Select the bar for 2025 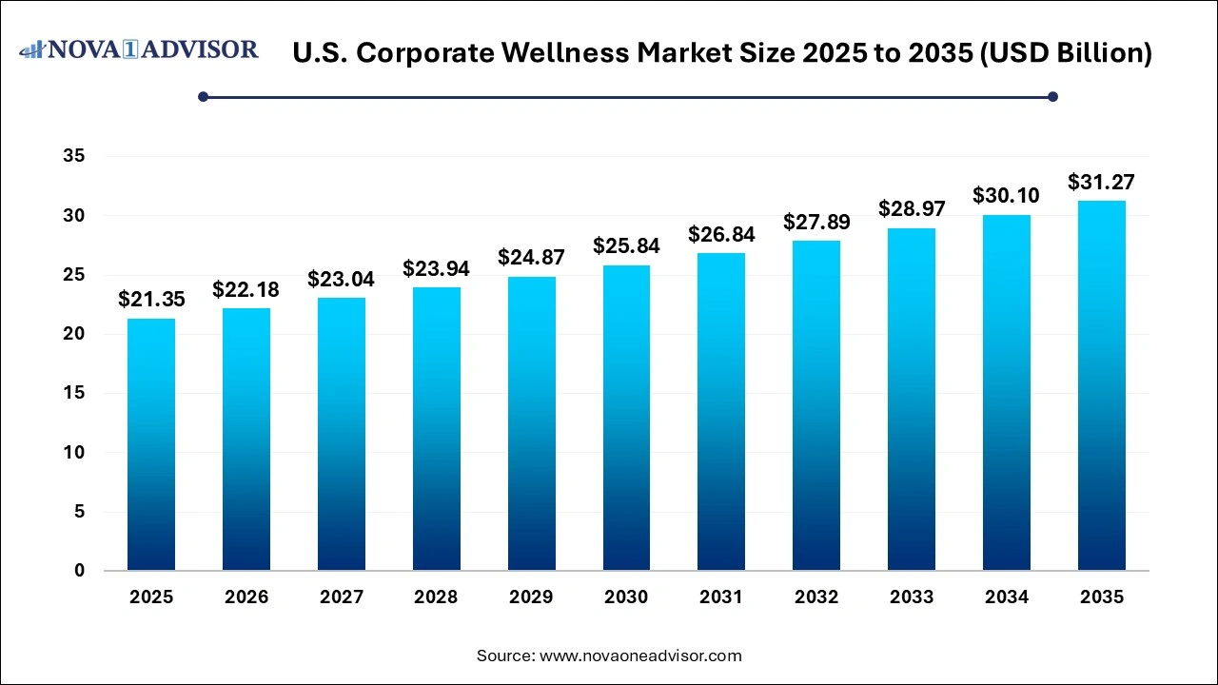pyautogui.click(x=151, y=444)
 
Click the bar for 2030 pyautogui.click(x=626, y=418)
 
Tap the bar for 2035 pyautogui.click(x=1101, y=385)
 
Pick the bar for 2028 pyautogui.click(x=436, y=429)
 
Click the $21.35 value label pyautogui.click(x=151, y=300)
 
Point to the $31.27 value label pyautogui.click(x=1101, y=182)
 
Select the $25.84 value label pyautogui.click(x=626, y=246)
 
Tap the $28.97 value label pyautogui.click(x=912, y=209)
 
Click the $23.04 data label pyautogui.click(x=341, y=280)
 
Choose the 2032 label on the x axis pyautogui.click(x=816, y=597)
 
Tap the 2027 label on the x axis pyautogui.click(x=341, y=597)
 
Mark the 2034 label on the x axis pyautogui.click(x=1007, y=597)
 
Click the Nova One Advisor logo pyautogui.click(x=139, y=49)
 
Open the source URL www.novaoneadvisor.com pyautogui.click(x=640, y=656)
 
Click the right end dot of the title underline pyautogui.click(x=1052, y=96)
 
